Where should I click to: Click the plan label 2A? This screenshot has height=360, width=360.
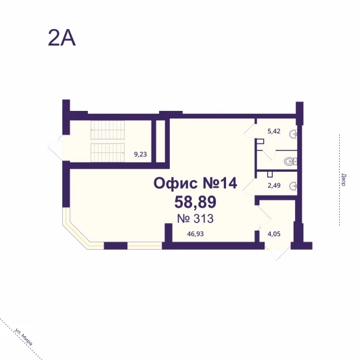click(x=62, y=38)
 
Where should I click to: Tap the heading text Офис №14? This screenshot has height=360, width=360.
click(x=195, y=183)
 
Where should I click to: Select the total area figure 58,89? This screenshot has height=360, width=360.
click(x=196, y=202)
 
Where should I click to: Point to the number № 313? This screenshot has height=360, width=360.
click(x=196, y=219)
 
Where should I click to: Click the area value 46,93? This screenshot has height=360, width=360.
click(x=196, y=234)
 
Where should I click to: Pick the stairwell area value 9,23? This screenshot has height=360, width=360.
click(x=140, y=154)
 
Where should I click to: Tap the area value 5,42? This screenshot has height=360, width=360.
click(x=274, y=131)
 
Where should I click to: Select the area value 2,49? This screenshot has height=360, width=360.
click(x=274, y=185)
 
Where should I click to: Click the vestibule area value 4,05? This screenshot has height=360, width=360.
click(x=274, y=234)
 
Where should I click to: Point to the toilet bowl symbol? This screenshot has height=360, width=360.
click(x=290, y=162)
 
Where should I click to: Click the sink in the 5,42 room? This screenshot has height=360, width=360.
click(x=294, y=134)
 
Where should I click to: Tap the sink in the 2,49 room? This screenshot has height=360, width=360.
click(x=294, y=185)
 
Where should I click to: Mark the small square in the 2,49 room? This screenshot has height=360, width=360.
click(x=270, y=175)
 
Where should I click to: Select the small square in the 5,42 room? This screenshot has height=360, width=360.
click(x=261, y=141)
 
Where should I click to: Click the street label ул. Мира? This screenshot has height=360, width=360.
click(x=23, y=337)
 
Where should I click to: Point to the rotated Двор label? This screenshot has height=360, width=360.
click(x=344, y=180)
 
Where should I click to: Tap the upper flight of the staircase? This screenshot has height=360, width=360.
click(x=108, y=130)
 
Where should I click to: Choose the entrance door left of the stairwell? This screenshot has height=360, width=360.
click(x=55, y=148)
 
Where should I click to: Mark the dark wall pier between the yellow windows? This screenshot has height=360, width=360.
click(x=116, y=246)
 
